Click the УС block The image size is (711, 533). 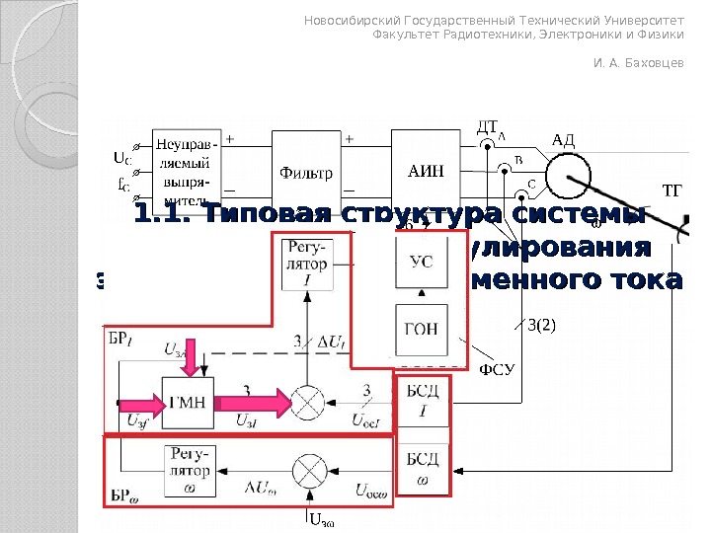click(x=421, y=262)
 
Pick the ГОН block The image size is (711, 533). click(x=421, y=329)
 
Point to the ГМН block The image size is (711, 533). click(x=188, y=401)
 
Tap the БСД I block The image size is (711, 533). click(x=423, y=402)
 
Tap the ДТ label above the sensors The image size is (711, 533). click(x=488, y=126)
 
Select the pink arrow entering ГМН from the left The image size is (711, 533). click(x=137, y=402)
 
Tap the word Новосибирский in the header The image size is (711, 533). click(x=345, y=20)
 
